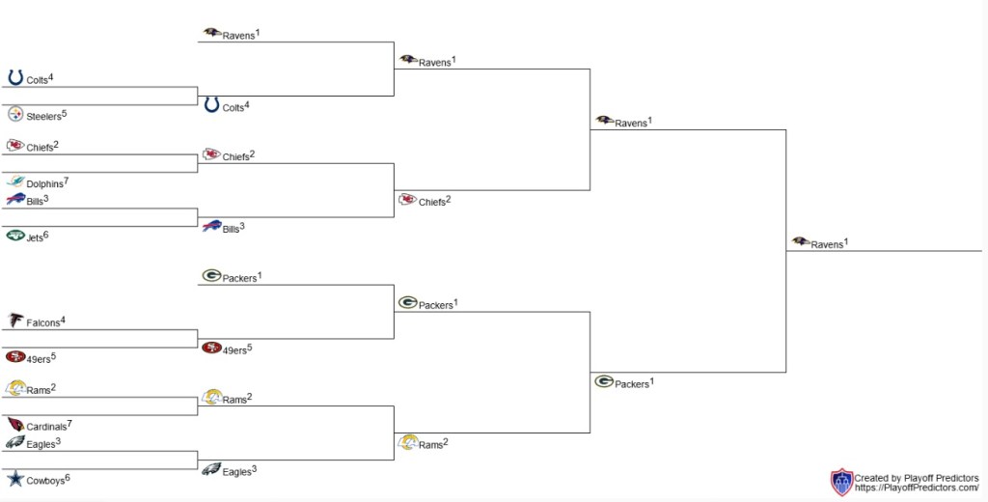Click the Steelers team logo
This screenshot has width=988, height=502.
point(15,115)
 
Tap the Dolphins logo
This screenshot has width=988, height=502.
point(15,181)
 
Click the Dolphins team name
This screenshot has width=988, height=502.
point(44,184)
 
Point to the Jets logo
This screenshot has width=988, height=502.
point(15,235)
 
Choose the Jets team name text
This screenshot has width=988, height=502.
point(34,237)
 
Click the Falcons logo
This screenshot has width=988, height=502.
point(15,321)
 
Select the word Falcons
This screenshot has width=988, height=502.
point(42,323)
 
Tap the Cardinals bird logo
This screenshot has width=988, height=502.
point(15,424)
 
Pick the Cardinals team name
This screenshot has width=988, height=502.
point(46,427)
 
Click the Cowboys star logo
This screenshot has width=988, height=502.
point(15,478)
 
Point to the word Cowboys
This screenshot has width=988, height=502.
point(44,481)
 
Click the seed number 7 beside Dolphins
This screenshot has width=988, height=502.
point(67,181)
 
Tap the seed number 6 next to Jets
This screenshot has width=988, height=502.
point(45,234)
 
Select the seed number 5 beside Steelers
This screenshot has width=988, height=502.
point(65,113)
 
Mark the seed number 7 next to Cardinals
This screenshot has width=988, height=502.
point(70,423)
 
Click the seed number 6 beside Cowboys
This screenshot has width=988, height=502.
point(67,477)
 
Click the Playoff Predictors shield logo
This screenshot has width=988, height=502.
point(841,483)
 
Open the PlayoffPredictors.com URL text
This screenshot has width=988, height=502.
point(917,488)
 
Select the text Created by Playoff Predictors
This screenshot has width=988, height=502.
point(916,478)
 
